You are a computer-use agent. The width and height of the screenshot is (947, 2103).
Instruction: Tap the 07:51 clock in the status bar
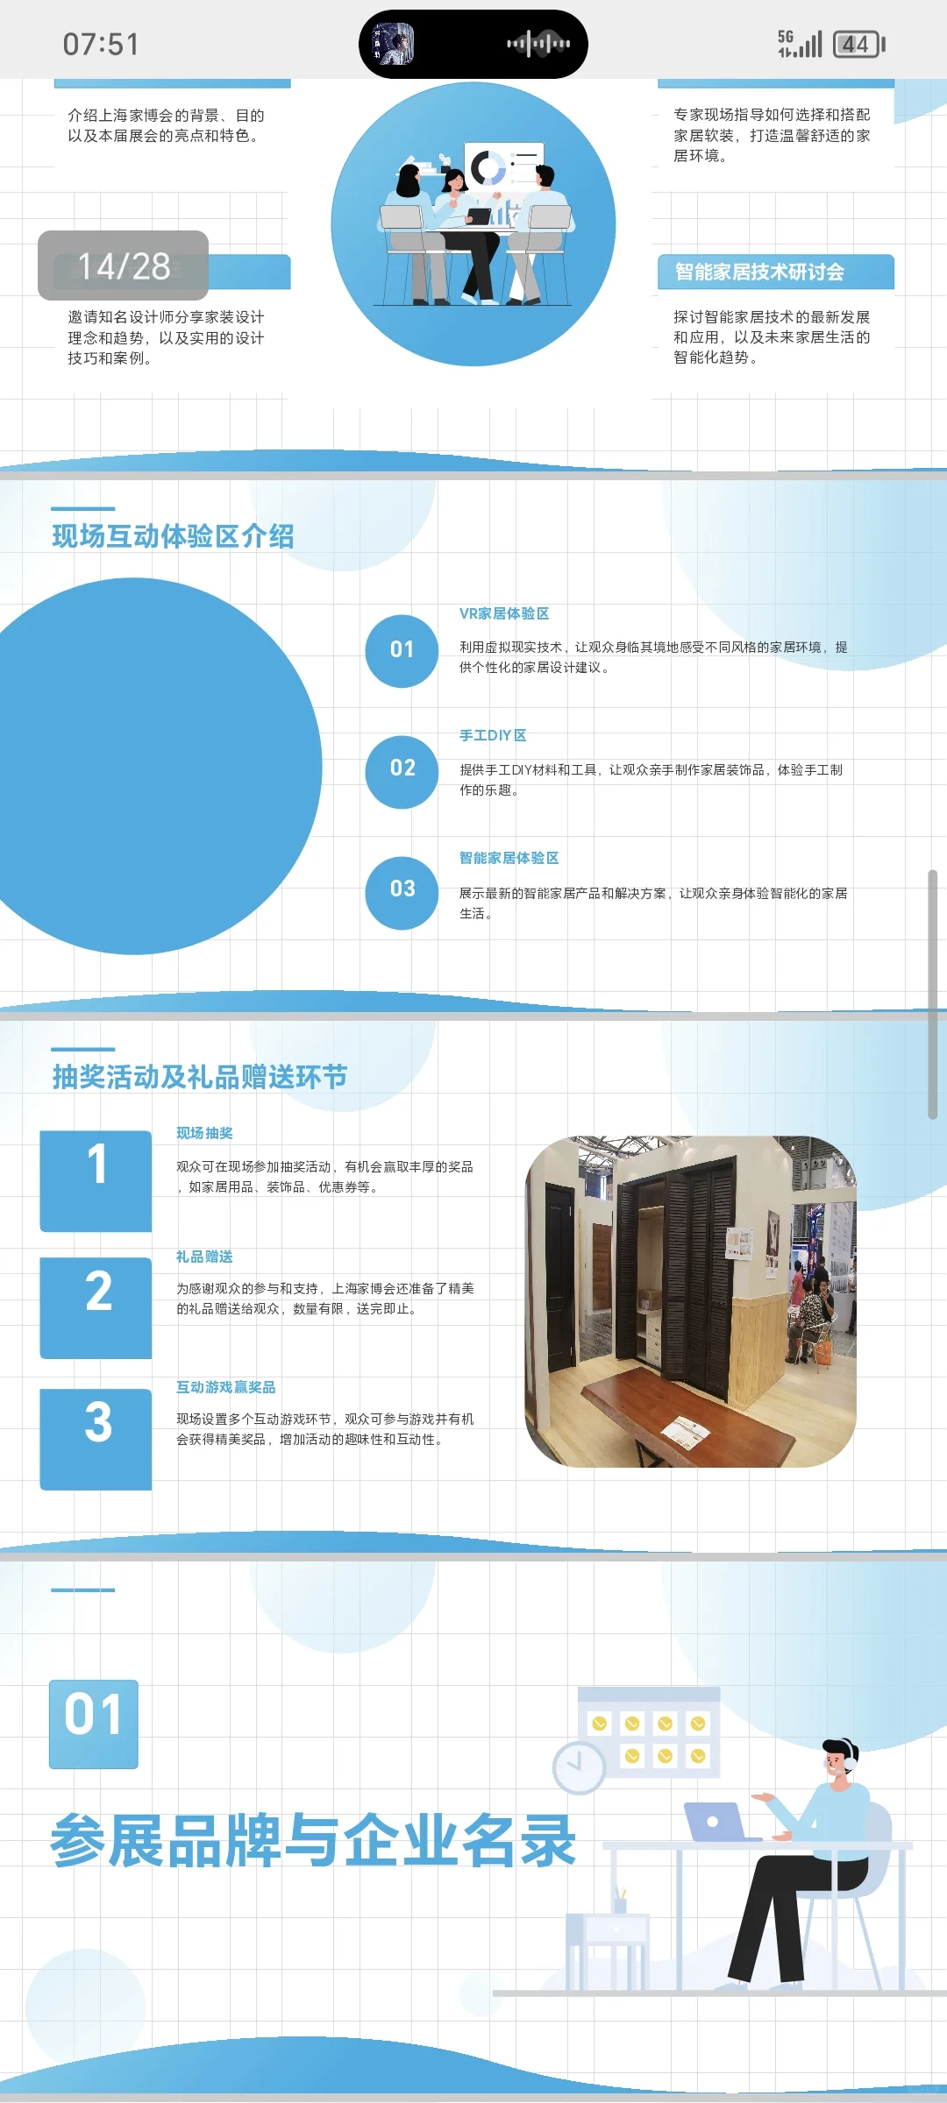pyautogui.click(x=101, y=44)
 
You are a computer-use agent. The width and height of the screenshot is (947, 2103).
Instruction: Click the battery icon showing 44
pyautogui.click(x=858, y=44)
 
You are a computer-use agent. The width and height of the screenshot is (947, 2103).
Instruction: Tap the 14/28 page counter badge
pyautogui.click(x=123, y=266)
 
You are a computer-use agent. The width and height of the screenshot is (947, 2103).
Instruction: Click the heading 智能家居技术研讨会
pyautogui.click(x=759, y=272)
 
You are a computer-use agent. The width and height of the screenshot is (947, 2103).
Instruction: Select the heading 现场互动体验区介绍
pyautogui.click(x=173, y=536)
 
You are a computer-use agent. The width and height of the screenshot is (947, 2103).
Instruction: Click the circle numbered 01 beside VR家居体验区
pyautogui.click(x=402, y=650)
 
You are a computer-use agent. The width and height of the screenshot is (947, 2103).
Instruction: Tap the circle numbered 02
pyautogui.click(x=402, y=768)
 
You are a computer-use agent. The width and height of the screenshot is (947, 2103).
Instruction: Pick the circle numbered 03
pyautogui.click(x=402, y=889)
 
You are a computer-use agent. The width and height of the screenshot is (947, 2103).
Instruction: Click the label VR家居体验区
pyautogui.click(x=504, y=613)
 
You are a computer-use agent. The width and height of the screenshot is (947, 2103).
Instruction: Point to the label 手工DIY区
pyautogui.click(x=493, y=735)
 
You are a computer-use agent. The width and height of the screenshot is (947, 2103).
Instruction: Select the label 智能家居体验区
pyautogui.click(x=509, y=858)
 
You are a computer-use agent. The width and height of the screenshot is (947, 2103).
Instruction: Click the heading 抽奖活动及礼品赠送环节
pyautogui.click(x=199, y=1077)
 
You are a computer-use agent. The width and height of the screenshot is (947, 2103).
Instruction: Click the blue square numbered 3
pyautogui.click(x=96, y=1437)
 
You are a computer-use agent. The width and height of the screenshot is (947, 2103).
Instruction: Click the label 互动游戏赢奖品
pyautogui.click(x=225, y=1387)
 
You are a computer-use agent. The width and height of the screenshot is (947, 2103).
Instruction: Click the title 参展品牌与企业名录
pyautogui.click(x=313, y=1840)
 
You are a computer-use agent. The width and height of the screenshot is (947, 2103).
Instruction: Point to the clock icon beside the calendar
pyautogui.click(x=579, y=1767)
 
